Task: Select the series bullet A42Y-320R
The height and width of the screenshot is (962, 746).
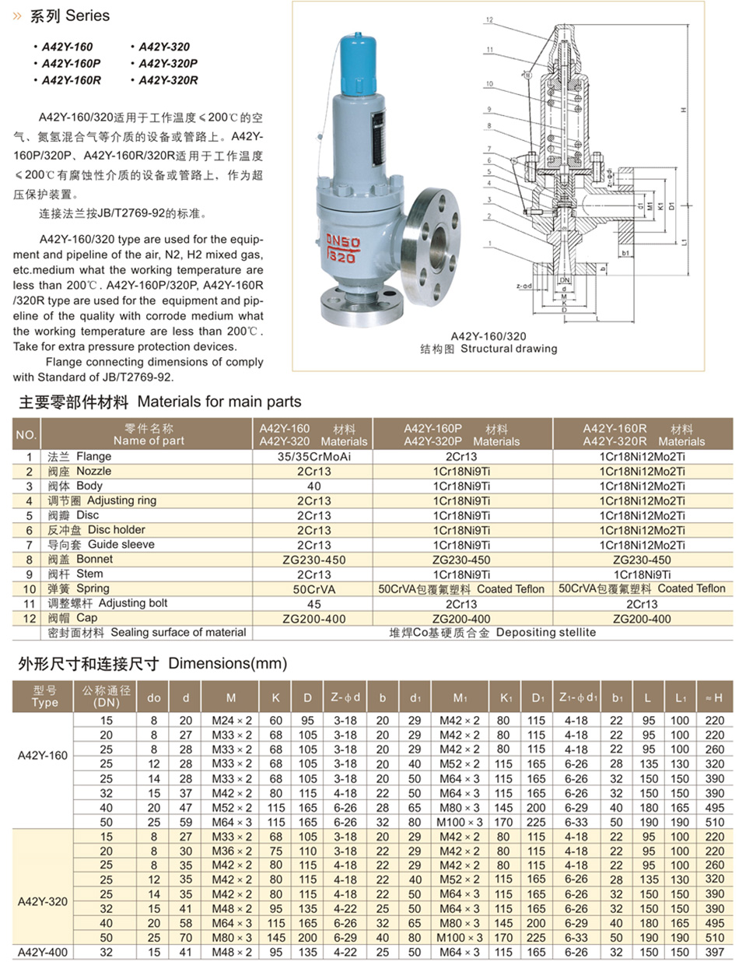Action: point(168,80)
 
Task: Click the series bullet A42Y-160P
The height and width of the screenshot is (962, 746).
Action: point(71,64)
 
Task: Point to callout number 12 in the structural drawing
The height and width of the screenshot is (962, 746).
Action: point(489,20)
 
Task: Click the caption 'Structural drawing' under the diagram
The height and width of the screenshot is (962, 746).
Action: point(509,349)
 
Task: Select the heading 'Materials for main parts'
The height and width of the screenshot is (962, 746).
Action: point(219,402)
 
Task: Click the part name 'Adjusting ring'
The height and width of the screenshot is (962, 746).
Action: point(121,500)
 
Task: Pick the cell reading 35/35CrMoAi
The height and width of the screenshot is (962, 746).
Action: point(313,457)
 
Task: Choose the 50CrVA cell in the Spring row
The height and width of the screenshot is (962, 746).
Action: point(313,589)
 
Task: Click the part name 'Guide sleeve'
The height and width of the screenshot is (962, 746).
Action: point(121,545)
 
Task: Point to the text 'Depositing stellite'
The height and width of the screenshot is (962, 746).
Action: point(545,632)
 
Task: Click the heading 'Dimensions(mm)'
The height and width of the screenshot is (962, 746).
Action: point(227,664)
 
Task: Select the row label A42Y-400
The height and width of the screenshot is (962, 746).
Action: point(43,952)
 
